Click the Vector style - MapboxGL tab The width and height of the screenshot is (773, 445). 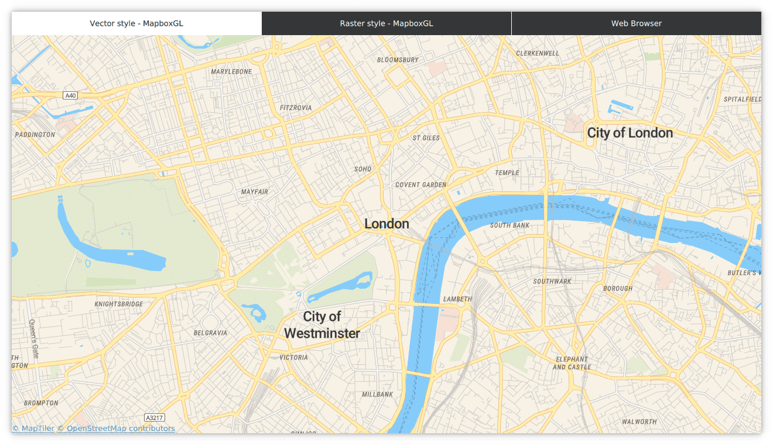coord(136,23)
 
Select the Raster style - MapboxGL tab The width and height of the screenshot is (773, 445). coord(386,23)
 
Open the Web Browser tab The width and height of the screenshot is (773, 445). coord(637,23)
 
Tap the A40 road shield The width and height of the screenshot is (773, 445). coord(70,95)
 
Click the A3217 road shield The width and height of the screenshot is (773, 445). coord(155,417)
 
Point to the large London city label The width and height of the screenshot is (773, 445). coord(386,224)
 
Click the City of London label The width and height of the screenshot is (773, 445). coord(630,133)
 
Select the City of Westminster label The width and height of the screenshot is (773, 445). coord(322,325)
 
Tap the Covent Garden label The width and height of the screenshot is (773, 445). coord(420,184)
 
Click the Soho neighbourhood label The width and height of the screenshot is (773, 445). coord(362,169)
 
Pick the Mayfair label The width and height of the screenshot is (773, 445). coord(255,192)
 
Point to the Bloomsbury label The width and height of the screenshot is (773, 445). coord(398,60)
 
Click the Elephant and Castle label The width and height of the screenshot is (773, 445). coord(572,363)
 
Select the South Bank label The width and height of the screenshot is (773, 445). coord(509,225)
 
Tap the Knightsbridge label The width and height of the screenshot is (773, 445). coord(119,304)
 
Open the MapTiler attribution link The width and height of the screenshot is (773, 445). coord(33,429)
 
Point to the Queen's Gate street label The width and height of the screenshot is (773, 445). coord(34,339)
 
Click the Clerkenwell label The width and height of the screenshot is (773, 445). coord(537,53)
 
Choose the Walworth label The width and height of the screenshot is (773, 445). coord(639,422)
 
